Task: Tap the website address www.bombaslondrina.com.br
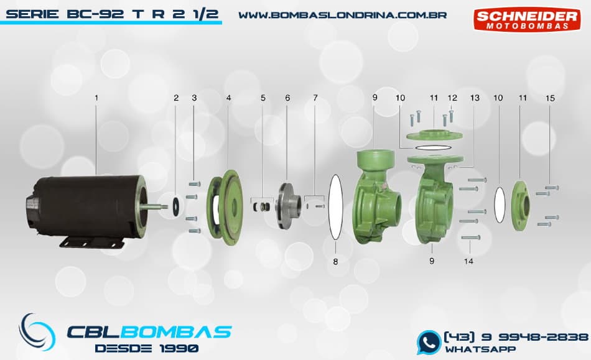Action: (343, 14)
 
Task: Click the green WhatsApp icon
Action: (429, 342)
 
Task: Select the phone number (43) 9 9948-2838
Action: (516, 336)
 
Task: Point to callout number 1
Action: (96, 98)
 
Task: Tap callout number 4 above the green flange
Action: (229, 98)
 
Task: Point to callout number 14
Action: (469, 261)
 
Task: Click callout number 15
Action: (550, 98)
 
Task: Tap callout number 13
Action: (475, 98)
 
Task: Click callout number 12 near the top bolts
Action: (452, 98)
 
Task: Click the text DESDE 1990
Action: (147, 348)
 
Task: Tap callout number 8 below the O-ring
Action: (335, 262)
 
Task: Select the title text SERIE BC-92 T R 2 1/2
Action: (112, 13)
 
